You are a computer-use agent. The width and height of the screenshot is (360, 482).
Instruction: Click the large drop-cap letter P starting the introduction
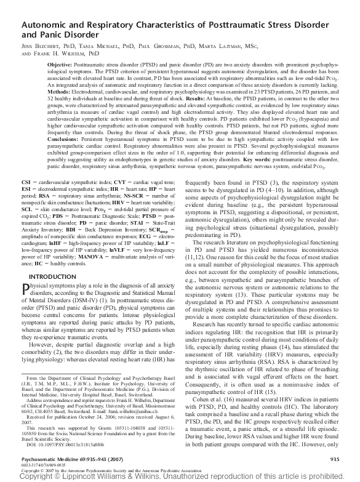[26, 290]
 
